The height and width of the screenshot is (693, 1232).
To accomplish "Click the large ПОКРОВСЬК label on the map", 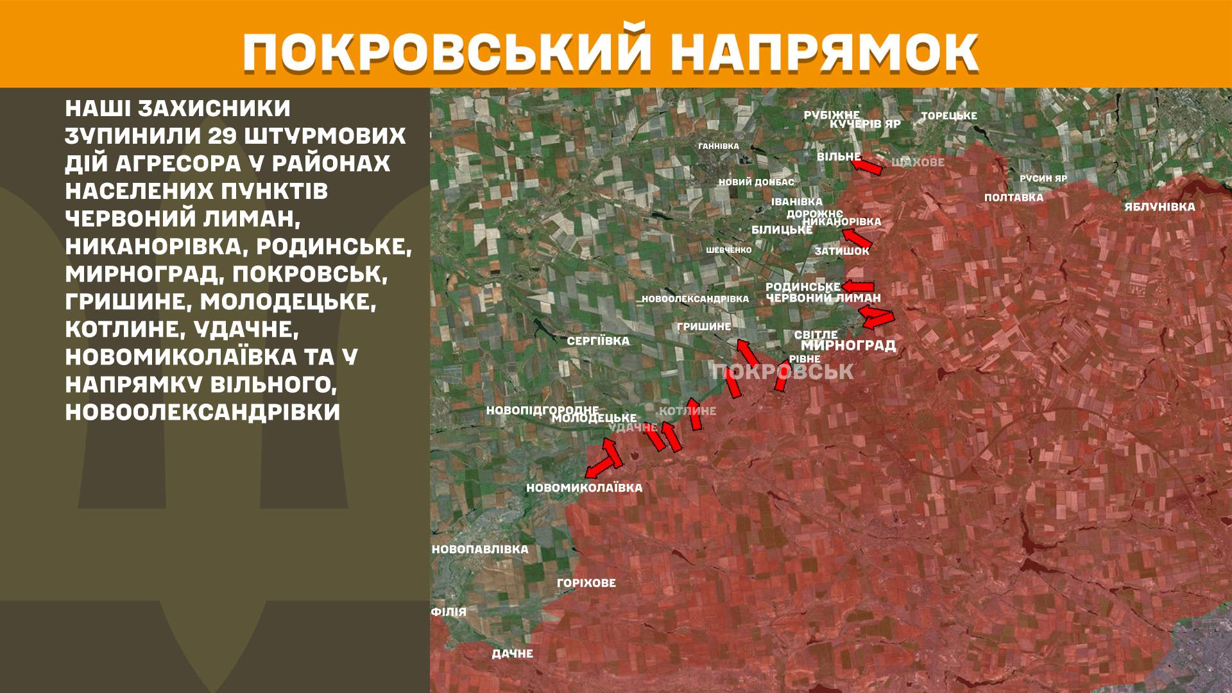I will [783, 372].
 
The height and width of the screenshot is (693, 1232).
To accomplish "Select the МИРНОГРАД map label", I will [848, 346].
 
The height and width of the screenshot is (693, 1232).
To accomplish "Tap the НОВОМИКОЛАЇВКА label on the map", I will [584, 488].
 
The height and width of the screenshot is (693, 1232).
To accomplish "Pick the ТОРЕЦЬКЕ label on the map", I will [948, 116].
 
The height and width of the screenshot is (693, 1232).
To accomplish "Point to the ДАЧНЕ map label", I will [512, 654].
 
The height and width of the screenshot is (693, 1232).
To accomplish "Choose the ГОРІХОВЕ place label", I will [586, 583].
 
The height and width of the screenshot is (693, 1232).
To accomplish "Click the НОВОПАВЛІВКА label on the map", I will [480, 550].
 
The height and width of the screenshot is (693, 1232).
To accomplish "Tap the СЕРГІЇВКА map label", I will [598, 341].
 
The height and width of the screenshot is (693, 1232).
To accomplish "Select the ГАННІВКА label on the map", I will [719, 146].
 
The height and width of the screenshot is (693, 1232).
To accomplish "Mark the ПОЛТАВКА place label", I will [1014, 198].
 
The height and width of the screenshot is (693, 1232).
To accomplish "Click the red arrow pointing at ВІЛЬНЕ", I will [867, 166].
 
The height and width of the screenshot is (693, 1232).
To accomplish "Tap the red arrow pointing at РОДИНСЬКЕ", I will [858, 286].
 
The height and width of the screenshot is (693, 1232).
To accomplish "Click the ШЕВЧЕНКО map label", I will [728, 250].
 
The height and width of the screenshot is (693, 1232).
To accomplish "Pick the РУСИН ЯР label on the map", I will [1043, 179].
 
